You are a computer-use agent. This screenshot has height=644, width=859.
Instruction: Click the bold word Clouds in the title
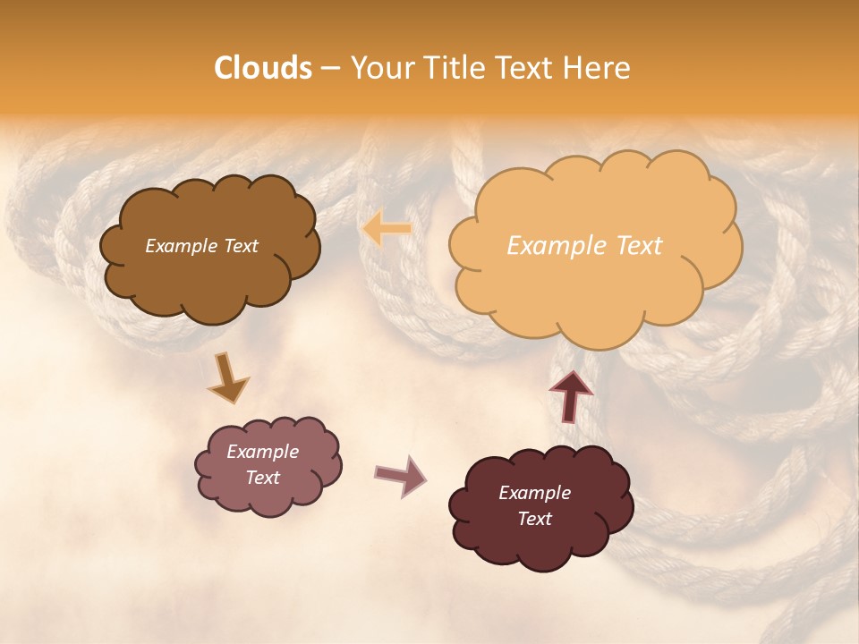pos(263,68)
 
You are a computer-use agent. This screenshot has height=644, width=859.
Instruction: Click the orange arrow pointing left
pos(387,230)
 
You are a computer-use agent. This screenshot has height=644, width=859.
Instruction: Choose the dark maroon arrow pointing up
pos(570,394)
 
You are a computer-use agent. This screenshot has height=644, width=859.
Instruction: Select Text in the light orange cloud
pos(634,246)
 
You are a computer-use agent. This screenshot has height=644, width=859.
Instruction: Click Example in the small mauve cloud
pos(262,452)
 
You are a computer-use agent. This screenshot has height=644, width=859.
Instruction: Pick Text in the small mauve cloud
pos(262,478)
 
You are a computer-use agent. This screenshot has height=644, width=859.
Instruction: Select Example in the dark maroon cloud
pos(534,493)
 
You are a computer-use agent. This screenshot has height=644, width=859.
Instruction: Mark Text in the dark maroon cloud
pos(534,519)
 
